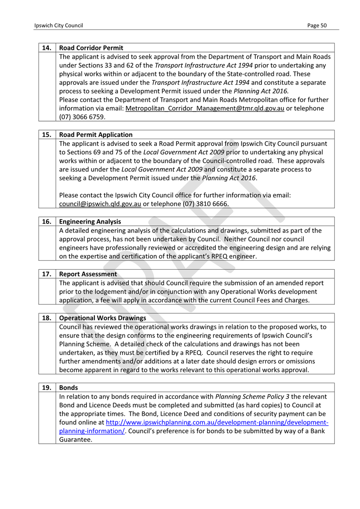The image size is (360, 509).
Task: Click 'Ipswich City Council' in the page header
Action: pos(59,26)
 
